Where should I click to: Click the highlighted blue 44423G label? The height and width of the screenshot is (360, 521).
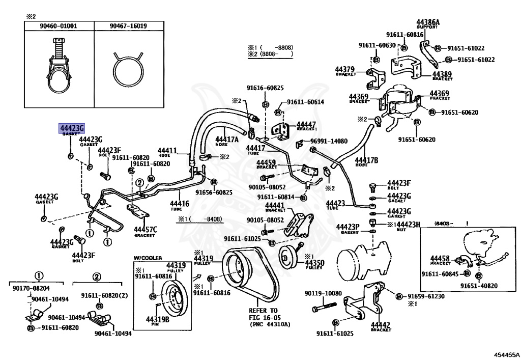(x=71, y=128)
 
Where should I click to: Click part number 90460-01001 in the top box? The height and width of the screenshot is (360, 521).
(x=60, y=26)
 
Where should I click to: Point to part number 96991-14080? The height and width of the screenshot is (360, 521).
(x=329, y=141)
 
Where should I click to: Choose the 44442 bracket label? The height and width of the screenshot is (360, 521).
(x=380, y=325)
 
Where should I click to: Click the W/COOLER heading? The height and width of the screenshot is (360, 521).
(x=148, y=258)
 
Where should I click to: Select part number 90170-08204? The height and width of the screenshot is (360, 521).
(x=31, y=288)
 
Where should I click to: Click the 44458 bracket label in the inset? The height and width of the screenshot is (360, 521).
(x=440, y=259)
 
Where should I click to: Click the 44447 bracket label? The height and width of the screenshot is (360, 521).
(x=306, y=124)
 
